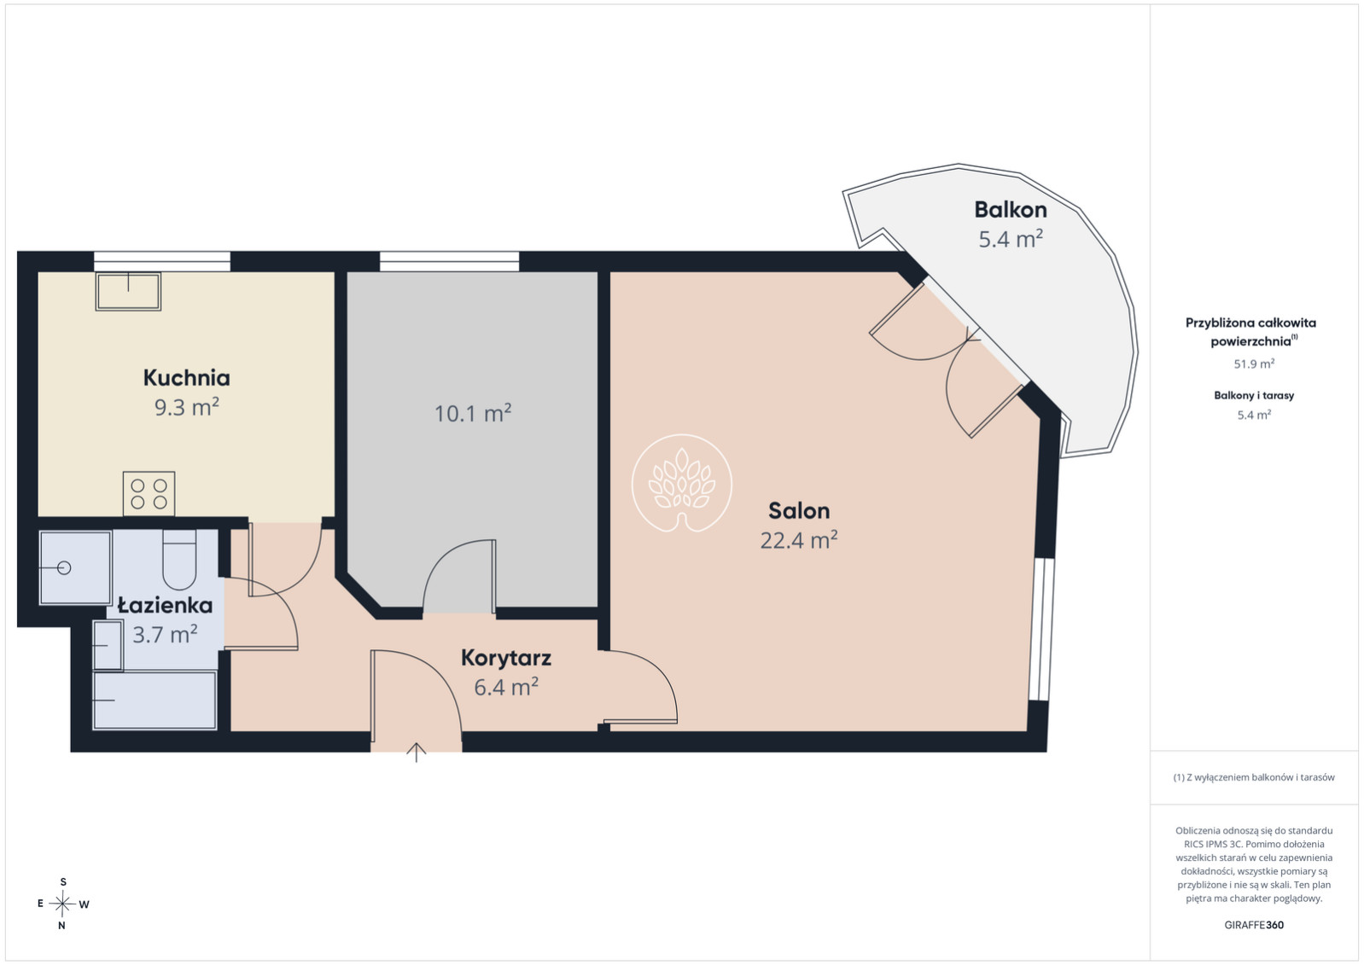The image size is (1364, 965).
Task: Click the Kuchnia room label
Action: click(x=186, y=378)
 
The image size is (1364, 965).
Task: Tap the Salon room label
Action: click(x=799, y=511)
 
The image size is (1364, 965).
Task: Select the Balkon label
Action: click(x=1011, y=209)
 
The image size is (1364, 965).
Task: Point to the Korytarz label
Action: click(x=506, y=658)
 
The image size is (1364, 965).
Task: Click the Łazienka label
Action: click(x=165, y=605)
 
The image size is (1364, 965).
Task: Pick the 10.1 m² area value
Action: click(x=473, y=414)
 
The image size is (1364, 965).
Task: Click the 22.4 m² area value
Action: click(x=799, y=540)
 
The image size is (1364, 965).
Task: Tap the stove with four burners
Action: click(x=149, y=494)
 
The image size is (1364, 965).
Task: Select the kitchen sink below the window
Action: click(x=129, y=292)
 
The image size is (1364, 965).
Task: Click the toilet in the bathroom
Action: click(x=179, y=560)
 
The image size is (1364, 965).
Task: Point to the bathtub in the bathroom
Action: click(x=154, y=700)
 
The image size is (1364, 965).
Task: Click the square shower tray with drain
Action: click(x=75, y=568)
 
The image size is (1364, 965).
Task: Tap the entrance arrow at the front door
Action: click(x=416, y=753)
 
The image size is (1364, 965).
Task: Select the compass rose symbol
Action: click(x=62, y=904)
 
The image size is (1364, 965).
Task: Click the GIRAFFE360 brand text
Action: click(x=1254, y=925)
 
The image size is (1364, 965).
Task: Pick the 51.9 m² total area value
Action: click(x=1254, y=364)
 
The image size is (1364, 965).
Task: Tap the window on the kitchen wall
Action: click(x=162, y=261)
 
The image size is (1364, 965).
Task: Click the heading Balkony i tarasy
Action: click(x=1254, y=396)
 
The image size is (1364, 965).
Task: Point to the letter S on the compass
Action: click(x=62, y=882)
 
